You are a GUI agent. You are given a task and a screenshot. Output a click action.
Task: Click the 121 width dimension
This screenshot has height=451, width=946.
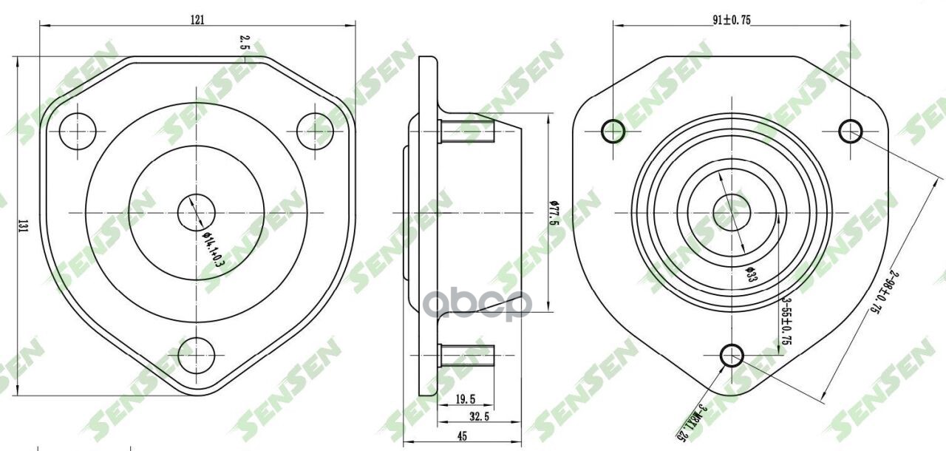pyautogui.click(x=197, y=19)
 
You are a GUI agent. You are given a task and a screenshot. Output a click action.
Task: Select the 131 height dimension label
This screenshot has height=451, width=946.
pyautogui.click(x=23, y=228)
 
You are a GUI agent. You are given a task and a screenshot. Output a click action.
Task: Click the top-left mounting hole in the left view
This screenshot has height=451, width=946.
pyautogui.click(x=78, y=132)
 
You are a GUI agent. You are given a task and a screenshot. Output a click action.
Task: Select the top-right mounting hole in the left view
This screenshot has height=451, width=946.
pyautogui.click(x=316, y=132)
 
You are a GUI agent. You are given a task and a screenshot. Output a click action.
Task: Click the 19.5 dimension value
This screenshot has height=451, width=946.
pyautogui.click(x=465, y=399)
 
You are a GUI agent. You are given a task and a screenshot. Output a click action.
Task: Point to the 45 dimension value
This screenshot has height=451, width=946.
pyautogui.click(x=462, y=437)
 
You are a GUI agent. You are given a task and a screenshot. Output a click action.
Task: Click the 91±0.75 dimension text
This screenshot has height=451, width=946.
pyautogui.click(x=732, y=21)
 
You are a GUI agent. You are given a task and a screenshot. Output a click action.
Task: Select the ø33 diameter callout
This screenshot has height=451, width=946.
pyautogui.click(x=750, y=274)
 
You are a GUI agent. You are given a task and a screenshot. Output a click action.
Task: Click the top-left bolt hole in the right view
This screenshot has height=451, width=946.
pyautogui.click(x=613, y=132)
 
